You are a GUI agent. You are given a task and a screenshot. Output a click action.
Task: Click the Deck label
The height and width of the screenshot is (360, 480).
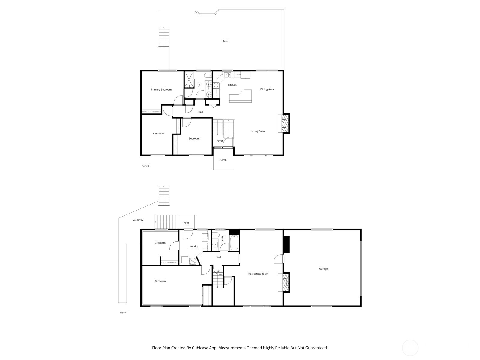tap(225, 41)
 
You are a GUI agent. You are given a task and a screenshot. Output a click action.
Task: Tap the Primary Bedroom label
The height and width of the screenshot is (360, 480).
tap(161, 90)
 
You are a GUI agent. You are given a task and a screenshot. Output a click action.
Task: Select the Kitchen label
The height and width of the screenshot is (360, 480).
tap(232, 85)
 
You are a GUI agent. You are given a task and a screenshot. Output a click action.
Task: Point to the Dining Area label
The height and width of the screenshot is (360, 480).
tap(267, 89)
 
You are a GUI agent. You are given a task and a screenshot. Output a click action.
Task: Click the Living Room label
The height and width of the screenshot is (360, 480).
tap(258, 131)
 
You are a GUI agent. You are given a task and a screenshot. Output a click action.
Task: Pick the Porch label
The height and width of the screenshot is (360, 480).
tap(223, 160)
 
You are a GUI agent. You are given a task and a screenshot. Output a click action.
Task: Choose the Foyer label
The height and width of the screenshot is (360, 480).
tap(220, 141)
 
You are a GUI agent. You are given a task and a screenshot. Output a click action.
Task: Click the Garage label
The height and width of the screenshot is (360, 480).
tap(323, 269)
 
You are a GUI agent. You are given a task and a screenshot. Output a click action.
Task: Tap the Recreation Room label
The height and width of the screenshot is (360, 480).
tap(258, 274)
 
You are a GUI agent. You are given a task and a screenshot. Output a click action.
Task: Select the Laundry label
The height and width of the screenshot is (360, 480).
tap(193, 247)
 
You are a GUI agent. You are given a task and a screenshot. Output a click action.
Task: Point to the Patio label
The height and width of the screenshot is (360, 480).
tap(187, 223)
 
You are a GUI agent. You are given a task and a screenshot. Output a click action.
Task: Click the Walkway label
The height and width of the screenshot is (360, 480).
tap(138, 220)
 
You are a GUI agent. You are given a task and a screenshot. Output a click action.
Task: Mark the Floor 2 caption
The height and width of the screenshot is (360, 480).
tap(145, 166)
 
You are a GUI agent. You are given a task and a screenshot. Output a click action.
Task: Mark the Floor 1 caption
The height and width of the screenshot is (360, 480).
tap(124, 313)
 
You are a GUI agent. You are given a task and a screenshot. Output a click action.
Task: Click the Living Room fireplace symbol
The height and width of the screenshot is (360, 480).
tap(284, 123)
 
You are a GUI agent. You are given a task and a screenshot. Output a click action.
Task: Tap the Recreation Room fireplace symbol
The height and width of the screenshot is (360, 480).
tap(284, 282)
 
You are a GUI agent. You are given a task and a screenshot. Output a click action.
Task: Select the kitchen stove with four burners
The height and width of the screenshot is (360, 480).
tap(216, 85)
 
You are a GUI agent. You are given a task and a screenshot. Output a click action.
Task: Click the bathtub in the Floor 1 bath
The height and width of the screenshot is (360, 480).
tap(234, 243)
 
